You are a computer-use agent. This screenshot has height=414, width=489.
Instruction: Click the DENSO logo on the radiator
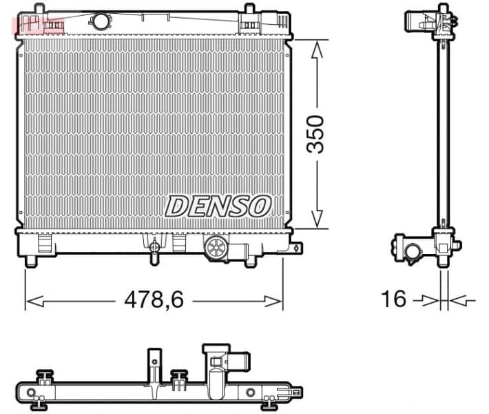[218, 205]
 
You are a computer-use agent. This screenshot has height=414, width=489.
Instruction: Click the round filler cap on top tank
[101, 21]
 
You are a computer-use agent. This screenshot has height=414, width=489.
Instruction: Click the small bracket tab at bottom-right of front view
[296, 246]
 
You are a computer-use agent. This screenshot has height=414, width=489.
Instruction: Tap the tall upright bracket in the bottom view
[153, 365]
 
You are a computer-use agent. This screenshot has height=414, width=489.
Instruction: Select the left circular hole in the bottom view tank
[32, 393]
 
